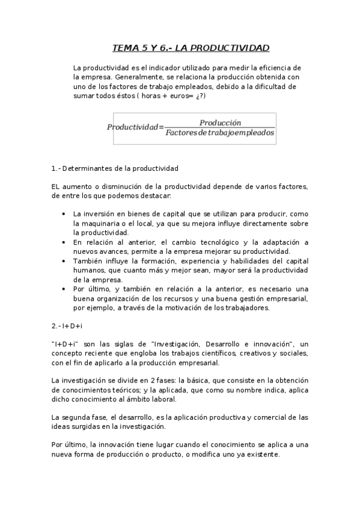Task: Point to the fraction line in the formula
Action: point(220,127)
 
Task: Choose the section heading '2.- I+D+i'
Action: point(67,325)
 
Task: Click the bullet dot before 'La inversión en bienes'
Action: point(64,214)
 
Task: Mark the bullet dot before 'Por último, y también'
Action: point(64,289)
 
